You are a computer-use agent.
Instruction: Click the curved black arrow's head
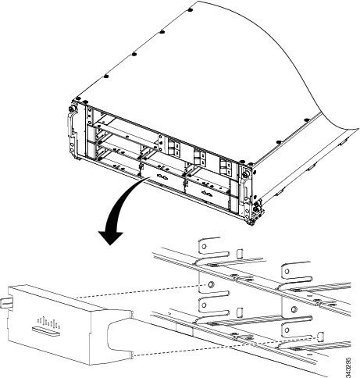click(109, 234)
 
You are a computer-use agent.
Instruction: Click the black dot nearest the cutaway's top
click(192, 11)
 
